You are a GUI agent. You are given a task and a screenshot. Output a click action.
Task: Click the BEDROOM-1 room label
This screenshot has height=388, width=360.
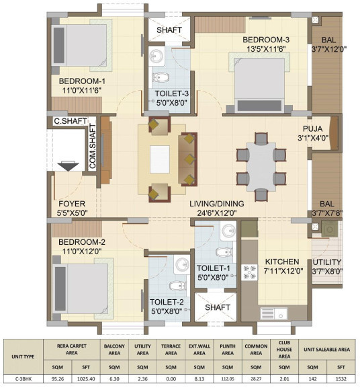point(82,81)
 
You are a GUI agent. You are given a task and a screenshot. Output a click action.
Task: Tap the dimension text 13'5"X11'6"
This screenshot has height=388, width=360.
point(266,49)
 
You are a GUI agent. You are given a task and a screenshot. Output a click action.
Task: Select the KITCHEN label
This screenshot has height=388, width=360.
point(282,262)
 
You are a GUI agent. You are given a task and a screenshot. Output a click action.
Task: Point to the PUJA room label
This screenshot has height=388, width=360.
point(312,128)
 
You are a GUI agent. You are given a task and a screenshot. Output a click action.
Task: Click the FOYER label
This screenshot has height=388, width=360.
point(72,204)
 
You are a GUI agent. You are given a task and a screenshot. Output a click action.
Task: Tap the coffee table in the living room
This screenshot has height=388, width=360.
point(160,159)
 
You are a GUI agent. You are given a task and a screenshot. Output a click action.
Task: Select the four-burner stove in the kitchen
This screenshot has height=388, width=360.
point(249,272)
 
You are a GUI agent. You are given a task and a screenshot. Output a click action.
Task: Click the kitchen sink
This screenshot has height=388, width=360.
point(273,313)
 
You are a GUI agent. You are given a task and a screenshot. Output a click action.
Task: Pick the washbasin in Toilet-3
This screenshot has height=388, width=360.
point(156,56)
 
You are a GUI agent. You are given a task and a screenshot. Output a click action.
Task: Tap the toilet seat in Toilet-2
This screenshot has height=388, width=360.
point(178,286)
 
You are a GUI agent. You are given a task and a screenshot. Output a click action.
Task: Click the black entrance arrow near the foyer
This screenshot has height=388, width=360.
point(68,166)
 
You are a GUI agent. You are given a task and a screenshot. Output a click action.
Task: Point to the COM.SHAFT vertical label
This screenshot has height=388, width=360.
point(93,147)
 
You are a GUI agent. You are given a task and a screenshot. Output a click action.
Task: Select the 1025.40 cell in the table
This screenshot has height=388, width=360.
point(86,379)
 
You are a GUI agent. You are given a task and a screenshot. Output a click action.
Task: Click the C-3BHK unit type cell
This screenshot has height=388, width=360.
point(24,379)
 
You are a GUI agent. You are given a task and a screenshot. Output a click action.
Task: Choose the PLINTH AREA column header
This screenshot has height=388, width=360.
point(228,350)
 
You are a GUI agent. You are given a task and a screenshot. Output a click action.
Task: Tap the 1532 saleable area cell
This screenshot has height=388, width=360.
point(341,379)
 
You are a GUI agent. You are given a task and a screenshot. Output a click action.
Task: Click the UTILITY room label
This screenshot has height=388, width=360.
point(327,262)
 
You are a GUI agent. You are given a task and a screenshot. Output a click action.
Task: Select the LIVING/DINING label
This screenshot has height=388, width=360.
point(217,204)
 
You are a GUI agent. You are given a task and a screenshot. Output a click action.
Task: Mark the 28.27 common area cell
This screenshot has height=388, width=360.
point(256,379)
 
